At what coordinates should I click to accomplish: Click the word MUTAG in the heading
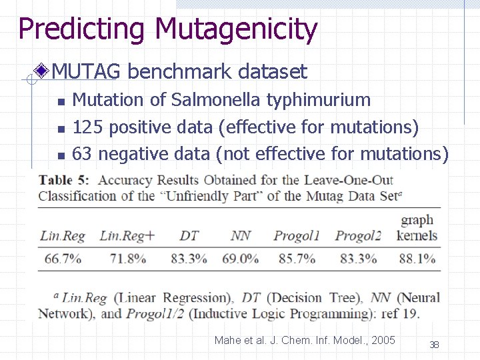[x=85, y=71]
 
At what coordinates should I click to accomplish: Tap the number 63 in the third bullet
[x=82, y=154]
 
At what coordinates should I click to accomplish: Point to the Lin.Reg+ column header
[x=127, y=235]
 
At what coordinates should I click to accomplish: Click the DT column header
[x=189, y=235]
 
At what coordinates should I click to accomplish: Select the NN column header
[x=241, y=235]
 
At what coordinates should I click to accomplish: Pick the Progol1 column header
[x=297, y=235]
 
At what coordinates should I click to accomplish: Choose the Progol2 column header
[x=358, y=235]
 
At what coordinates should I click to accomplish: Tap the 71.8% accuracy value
[x=127, y=259]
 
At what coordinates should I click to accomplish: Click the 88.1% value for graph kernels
[x=417, y=259]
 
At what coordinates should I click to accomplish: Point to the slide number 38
[x=434, y=345]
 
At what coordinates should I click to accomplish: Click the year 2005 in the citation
[x=383, y=341]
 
